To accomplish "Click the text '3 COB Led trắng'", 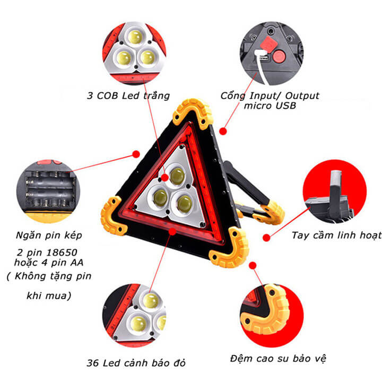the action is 128,95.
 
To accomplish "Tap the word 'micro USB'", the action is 270,106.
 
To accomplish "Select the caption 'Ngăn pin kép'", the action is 49,236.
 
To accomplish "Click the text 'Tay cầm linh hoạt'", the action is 337,236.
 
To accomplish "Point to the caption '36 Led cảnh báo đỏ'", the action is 136,363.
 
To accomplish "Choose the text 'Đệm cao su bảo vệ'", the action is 278,359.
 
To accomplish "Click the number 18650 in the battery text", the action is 62,253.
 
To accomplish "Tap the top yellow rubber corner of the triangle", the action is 193,113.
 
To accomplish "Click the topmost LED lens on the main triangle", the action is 177,176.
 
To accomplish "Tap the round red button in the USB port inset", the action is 279,56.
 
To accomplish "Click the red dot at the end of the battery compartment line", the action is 136,154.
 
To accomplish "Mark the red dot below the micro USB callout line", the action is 223,131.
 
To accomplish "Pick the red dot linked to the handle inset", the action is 266,238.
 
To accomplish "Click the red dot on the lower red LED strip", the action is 172,231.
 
